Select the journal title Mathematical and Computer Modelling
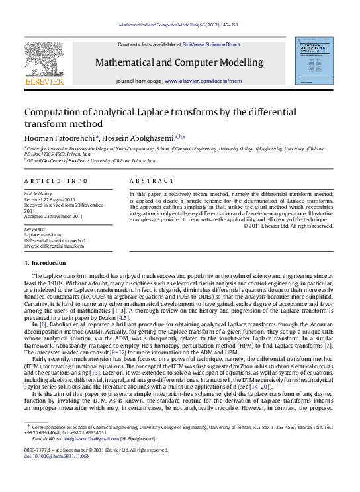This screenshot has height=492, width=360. click(179, 63)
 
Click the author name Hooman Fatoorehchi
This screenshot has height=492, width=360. click(60, 138)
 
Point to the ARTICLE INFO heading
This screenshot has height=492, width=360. click(56, 180)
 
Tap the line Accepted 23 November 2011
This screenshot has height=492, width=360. click(54, 216)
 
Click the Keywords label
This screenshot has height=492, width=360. click(34, 229)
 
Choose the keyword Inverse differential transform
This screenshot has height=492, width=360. click(54, 246)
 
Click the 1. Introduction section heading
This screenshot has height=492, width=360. click(45, 263)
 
